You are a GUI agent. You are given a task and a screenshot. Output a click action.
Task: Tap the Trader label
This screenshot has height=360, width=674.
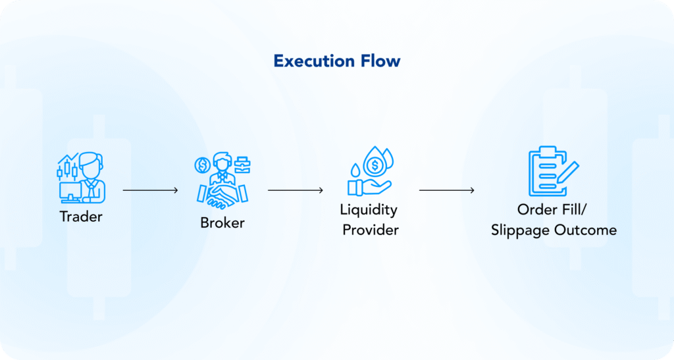coord(81,216)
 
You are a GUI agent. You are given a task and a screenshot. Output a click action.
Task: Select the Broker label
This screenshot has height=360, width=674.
coord(222,222)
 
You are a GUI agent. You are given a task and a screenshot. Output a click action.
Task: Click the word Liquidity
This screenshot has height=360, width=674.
coord(369,211)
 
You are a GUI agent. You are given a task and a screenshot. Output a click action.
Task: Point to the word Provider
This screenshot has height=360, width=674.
coord(370,230)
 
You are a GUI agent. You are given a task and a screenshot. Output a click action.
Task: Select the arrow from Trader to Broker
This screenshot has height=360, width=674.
coord(150,190)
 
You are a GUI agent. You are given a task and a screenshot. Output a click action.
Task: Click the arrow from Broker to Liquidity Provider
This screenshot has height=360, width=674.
coord(295,190)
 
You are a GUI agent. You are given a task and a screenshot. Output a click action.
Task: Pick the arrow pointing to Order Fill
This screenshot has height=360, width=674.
coord(446,190)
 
